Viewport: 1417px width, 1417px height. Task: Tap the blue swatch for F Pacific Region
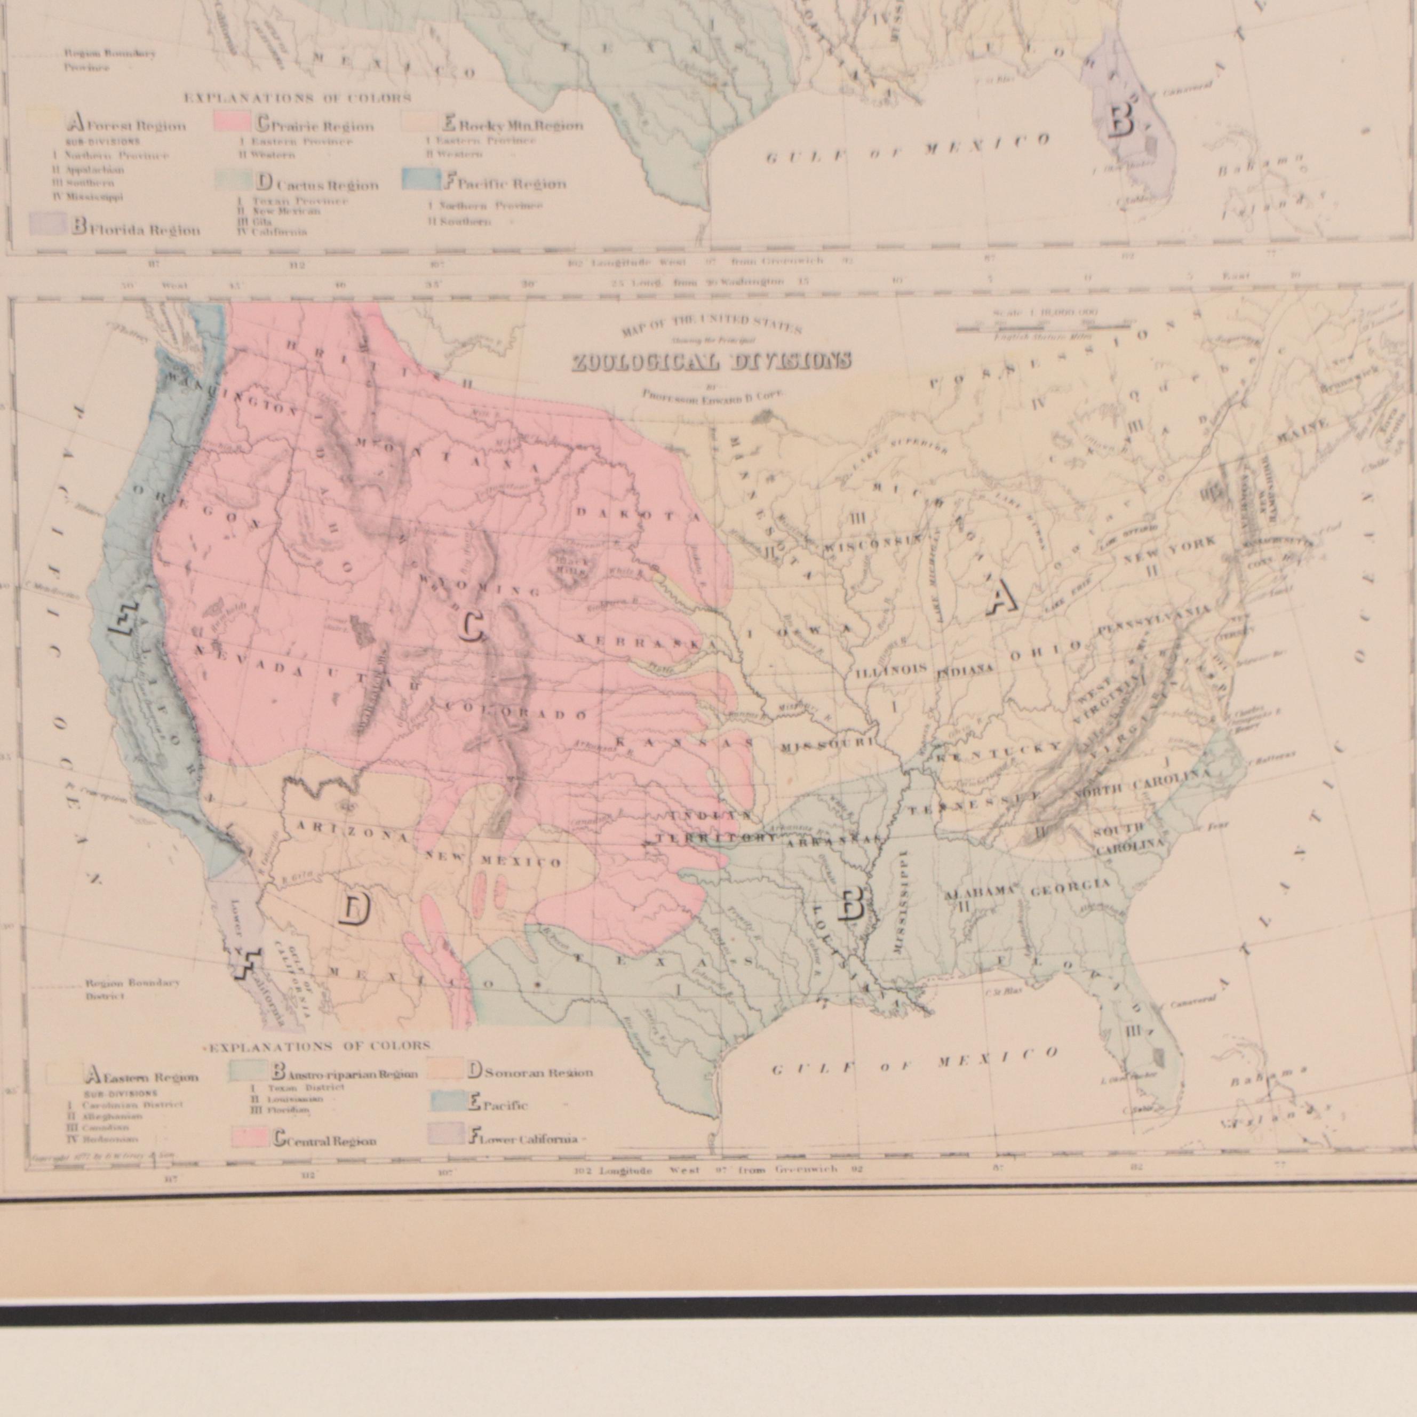pos(421,180)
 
